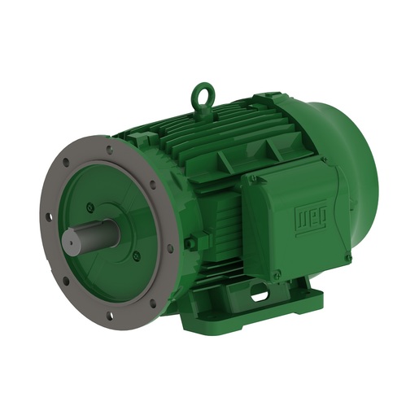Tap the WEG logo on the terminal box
coord(310,218)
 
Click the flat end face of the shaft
coord(72,242)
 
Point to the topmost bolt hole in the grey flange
coord(109,150)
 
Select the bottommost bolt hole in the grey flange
coord(109,314)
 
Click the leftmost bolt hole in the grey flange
coord(49,216)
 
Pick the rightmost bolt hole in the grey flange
coord(169,247)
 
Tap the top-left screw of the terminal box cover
coord(253,177)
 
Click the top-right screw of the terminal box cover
coord(325,160)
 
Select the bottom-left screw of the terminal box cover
coord(277,277)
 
